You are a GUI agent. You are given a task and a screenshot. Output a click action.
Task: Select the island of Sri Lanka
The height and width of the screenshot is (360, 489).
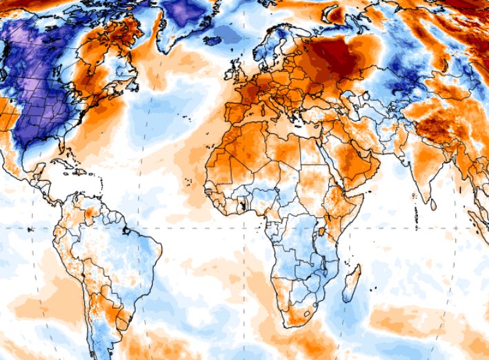click(433, 204)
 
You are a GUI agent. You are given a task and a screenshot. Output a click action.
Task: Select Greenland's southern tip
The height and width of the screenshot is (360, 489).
click(172, 45)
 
